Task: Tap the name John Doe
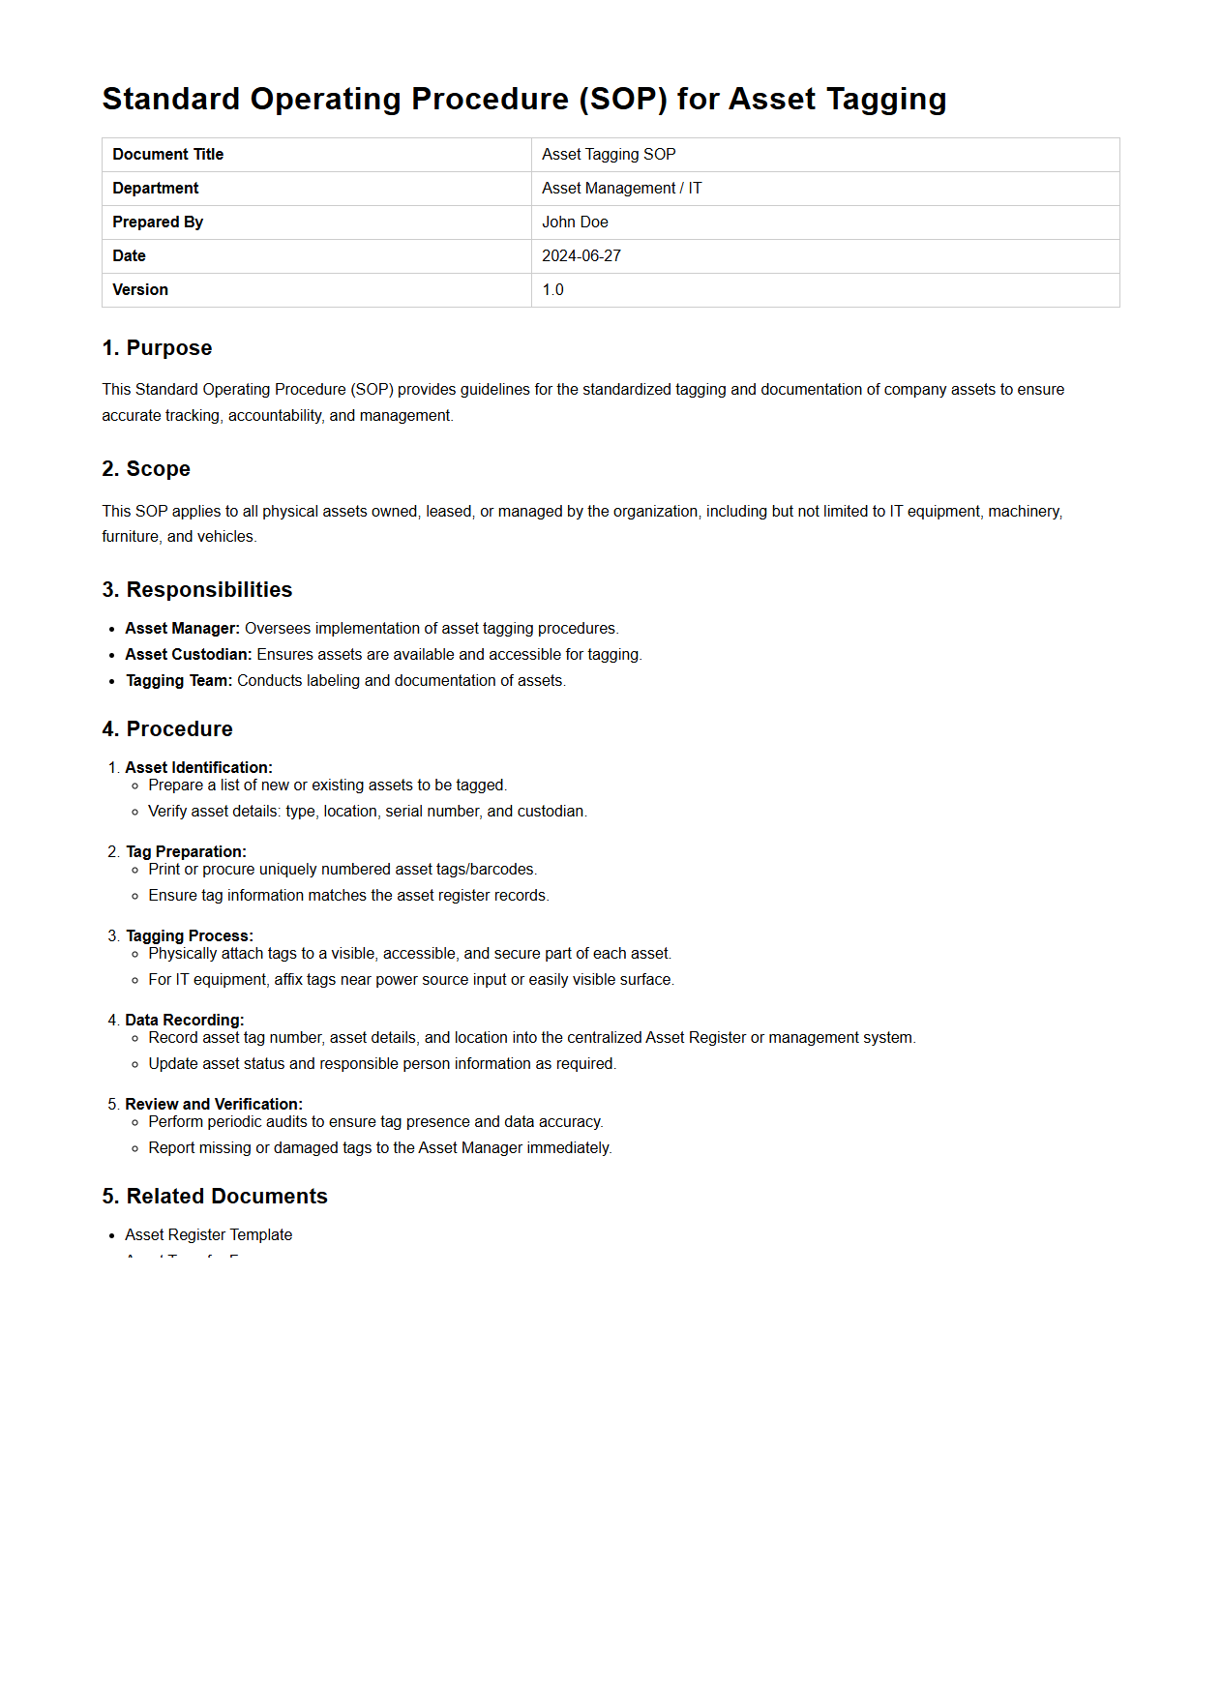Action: click(x=575, y=222)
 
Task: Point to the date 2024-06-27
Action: click(x=581, y=256)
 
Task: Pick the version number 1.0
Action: click(x=552, y=290)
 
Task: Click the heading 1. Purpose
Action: click(x=157, y=348)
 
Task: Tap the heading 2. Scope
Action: click(x=146, y=469)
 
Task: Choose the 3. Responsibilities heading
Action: click(x=197, y=590)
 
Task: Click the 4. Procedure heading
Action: click(x=167, y=729)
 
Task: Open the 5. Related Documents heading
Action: click(x=215, y=1197)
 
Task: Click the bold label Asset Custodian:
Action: click(x=188, y=655)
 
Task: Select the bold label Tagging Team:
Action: click(x=179, y=681)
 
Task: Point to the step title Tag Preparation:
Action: click(x=186, y=852)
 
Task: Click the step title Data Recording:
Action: click(x=184, y=1021)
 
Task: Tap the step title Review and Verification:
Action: click(x=213, y=1105)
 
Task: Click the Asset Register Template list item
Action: click(x=208, y=1235)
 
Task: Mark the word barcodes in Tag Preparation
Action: click(x=502, y=870)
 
